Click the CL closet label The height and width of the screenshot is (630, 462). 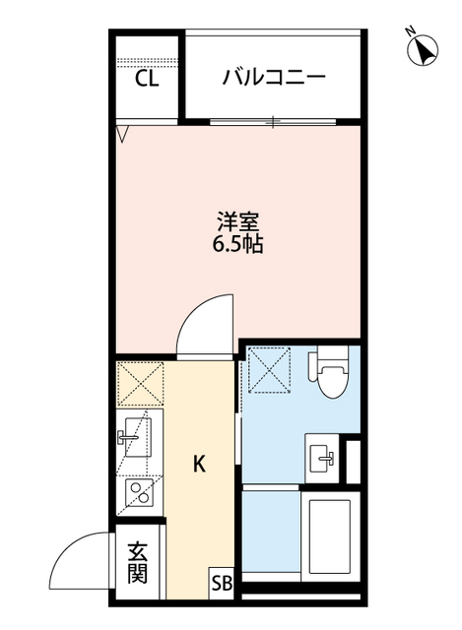click(147, 79)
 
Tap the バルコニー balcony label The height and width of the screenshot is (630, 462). click(274, 77)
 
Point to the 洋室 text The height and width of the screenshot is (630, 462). click(237, 221)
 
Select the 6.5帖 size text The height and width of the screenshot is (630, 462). click(237, 244)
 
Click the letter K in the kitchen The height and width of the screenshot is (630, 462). click(199, 464)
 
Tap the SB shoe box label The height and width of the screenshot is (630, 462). click(222, 583)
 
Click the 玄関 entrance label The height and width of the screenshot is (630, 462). click(137, 562)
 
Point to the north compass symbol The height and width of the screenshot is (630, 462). click(423, 49)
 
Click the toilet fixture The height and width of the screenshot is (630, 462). click(328, 372)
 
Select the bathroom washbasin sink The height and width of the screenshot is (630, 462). click(322, 458)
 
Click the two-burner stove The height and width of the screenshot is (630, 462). click(139, 493)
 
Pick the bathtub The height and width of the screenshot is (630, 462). click(330, 536)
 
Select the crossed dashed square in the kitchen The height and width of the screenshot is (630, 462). click(140, 383)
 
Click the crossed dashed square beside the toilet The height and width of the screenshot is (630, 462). click(269, 370)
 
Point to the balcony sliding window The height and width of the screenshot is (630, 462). click(273, 121)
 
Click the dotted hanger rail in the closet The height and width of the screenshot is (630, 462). click(147, 61)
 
